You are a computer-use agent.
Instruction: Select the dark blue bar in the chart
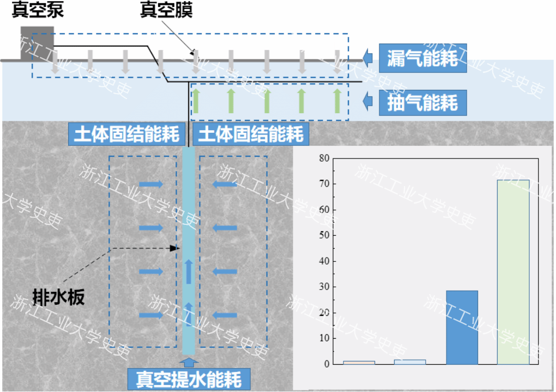point(462,327)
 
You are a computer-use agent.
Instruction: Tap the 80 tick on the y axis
point(324,158)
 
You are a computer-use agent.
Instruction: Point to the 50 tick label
point(324,236)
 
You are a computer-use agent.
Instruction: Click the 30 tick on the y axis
point(324,287)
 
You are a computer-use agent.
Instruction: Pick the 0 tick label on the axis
point(327,364)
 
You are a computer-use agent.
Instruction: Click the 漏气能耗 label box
point(423,57)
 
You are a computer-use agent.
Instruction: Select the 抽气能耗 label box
point(423,102)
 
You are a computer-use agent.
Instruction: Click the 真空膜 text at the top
point(166,11)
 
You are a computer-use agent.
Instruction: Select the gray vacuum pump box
point(37,42)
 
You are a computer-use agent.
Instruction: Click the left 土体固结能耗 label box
point(126,133)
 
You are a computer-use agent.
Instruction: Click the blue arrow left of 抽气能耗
point(369,101)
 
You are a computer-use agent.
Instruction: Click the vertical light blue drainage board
point(189,250)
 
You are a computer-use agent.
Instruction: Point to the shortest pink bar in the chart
point(359,362)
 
